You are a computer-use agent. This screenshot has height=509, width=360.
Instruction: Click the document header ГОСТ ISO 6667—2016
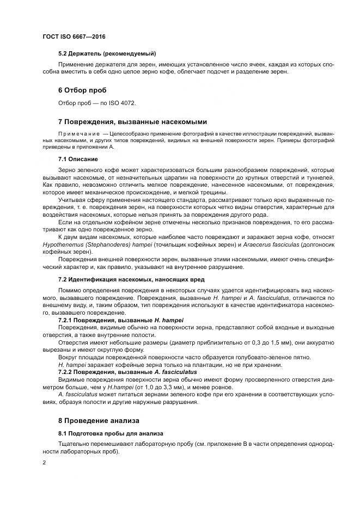pos(74,36)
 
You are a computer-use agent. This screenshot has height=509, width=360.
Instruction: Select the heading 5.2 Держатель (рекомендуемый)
pos(107,53)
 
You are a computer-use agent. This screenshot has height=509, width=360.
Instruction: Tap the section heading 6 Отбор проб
pos(82,90)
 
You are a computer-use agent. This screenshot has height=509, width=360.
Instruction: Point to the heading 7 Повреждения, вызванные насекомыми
pos(132,121)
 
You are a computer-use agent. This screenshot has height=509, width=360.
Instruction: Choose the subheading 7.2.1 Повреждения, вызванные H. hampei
pos(120,321)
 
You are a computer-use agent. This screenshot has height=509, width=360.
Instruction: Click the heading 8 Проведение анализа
pos(99,421)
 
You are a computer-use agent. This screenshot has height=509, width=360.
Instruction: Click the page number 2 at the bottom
pos(44,463)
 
